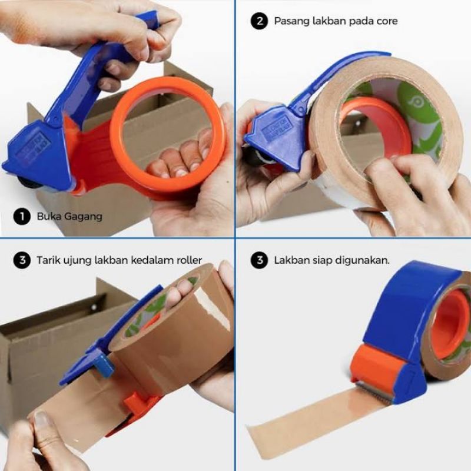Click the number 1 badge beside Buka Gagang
(x=22, y=216)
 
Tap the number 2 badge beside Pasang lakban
(x=258, y=21)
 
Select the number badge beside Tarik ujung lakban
(x=22, y=260)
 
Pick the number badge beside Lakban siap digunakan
(x=258, y=260)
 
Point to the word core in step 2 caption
(x=386, y=21)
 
